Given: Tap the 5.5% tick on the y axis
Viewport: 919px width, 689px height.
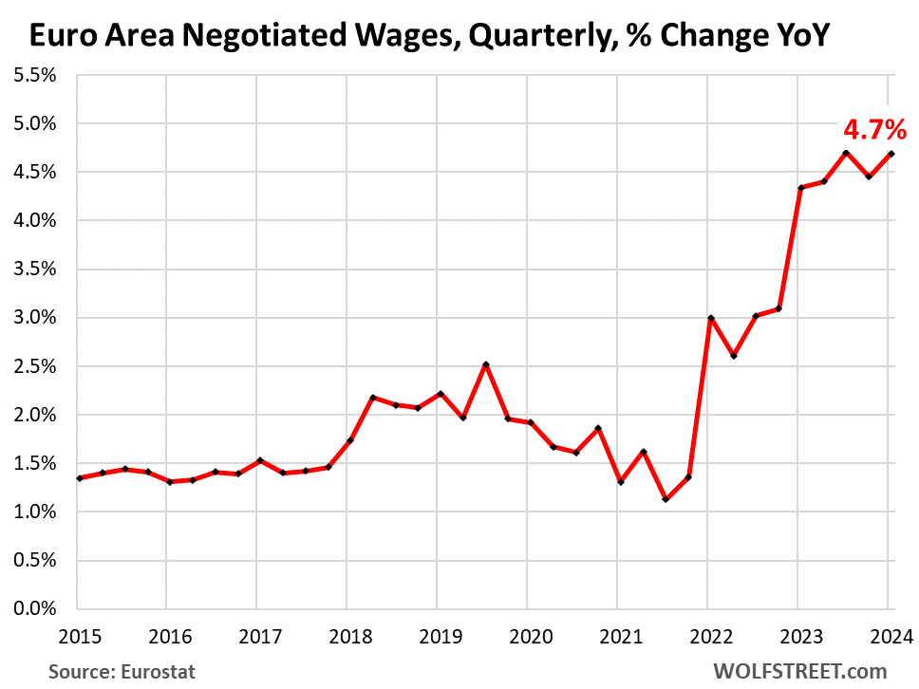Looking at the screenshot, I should (x=35, y=75).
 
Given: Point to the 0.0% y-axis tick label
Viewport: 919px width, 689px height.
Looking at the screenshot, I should (x=35, y=608).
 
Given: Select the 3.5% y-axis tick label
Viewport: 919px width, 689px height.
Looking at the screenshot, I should (x=35, y=269).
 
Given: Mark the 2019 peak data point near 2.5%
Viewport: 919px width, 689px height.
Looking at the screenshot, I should (x=486, y=364).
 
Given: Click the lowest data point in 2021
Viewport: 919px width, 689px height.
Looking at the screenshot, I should (x=666, y=498).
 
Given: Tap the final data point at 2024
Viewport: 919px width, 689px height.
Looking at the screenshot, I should (x=891, y=154).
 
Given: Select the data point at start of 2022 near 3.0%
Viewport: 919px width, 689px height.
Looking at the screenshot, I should (x=710, y=318).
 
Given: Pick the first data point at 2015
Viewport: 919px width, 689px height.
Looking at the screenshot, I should (x=80, y=478).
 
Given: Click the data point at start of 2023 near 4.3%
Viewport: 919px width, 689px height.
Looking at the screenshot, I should (x=800, y=188).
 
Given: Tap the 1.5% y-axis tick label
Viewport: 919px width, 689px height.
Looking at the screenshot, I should (x=35, y=463).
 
